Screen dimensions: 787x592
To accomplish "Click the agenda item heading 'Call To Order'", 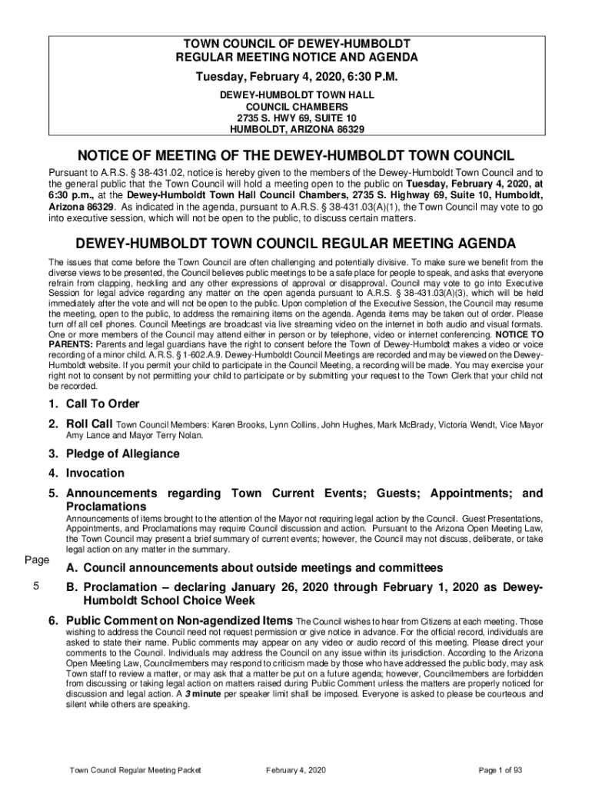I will click(102, 404).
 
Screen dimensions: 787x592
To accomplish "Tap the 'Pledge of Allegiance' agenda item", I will click(122, 454).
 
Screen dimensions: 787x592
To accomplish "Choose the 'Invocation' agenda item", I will click(95, 473).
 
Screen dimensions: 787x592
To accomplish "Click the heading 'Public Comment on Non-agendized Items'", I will click(179, 620).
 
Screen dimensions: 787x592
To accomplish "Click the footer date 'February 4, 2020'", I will click(296, 771).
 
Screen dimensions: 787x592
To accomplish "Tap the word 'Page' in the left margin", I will click(35, 560).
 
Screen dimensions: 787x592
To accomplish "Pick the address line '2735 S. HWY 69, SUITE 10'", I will click(296, 118).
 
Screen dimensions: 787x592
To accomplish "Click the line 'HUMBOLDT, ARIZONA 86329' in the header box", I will click(296, 129).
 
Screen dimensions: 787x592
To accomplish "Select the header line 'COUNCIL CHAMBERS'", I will click(296, 106).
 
